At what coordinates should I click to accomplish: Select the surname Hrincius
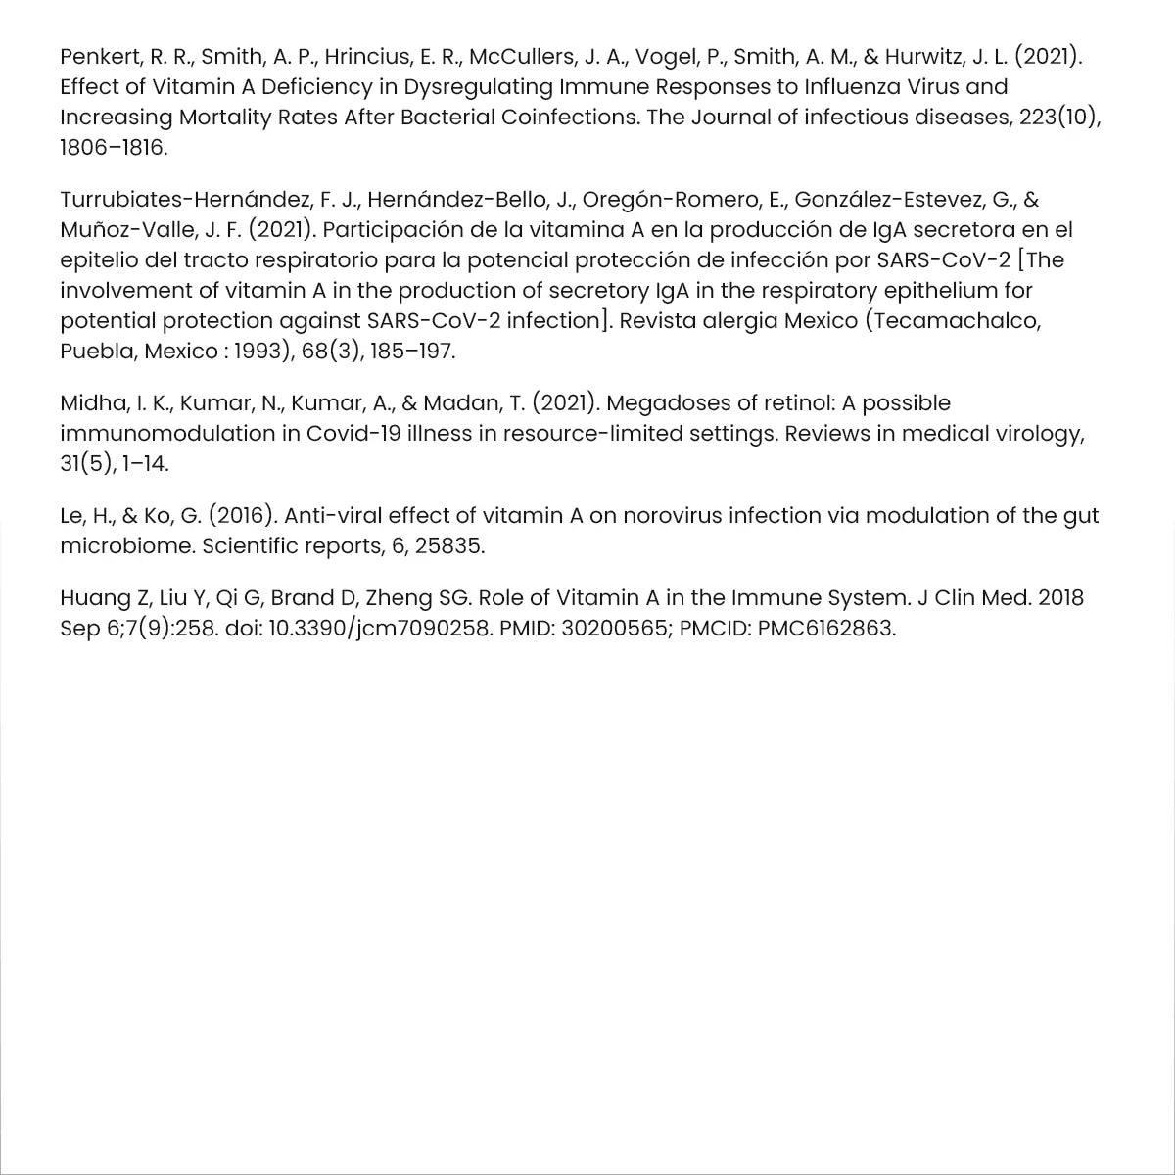click(368, 56)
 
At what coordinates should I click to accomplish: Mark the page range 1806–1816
click(114, 148)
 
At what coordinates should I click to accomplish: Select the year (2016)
click(235, 515)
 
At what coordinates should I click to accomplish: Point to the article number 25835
click(449, 545)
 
